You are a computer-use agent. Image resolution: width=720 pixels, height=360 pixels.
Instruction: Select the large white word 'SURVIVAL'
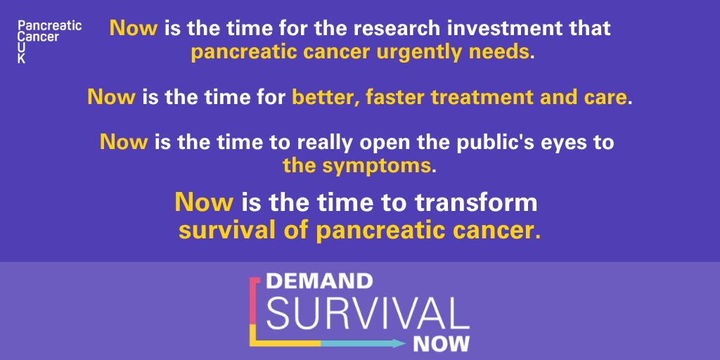[x=367, y=313]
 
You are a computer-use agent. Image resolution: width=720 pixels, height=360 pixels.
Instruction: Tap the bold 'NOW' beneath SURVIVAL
[x=440, y=344]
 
